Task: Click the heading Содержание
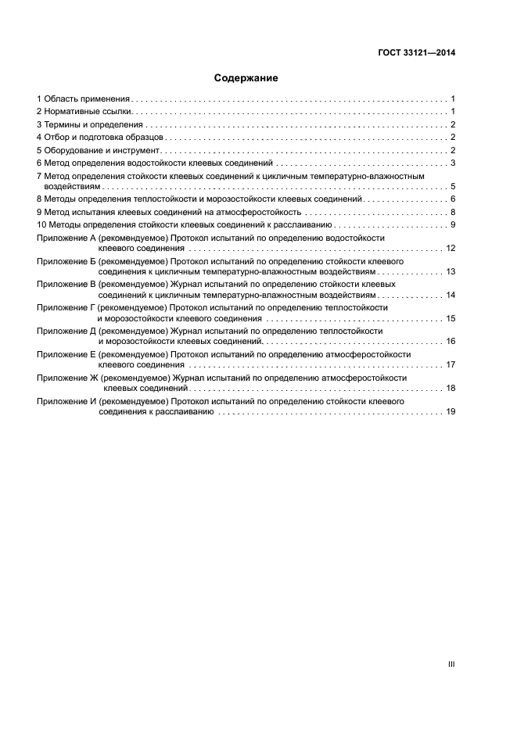(246, 78)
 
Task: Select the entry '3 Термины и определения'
(90, 125)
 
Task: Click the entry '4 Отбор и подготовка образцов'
(99, 138)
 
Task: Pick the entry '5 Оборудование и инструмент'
(98, 150)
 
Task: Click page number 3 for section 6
(453, 163)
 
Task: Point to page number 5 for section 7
(453, 187)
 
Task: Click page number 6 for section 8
(453, 199)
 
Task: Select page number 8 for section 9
(453, 212)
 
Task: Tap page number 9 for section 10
(453, 225)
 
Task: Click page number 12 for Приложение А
(451, 248)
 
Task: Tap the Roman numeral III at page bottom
(451, 664)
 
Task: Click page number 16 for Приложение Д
(451, 342)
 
